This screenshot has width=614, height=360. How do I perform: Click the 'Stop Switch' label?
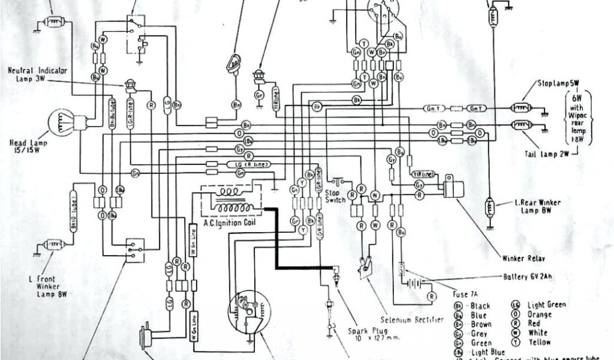click(335, 197)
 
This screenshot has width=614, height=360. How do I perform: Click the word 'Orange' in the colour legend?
click(540, 314)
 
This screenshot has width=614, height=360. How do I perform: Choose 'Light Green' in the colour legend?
click(546, 305)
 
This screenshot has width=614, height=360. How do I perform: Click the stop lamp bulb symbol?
click(517, 109)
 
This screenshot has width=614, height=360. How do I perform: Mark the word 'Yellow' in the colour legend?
click(539, 343)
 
